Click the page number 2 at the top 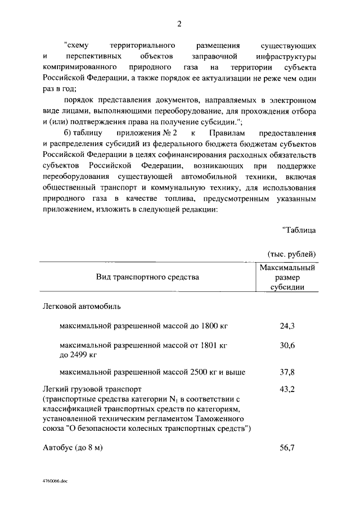(179, 23)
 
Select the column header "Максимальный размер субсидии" (287, 277)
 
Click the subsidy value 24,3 (287, 326)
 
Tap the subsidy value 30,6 (287, 345)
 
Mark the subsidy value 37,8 (287, 372)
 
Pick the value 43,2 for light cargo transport (287, 389)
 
